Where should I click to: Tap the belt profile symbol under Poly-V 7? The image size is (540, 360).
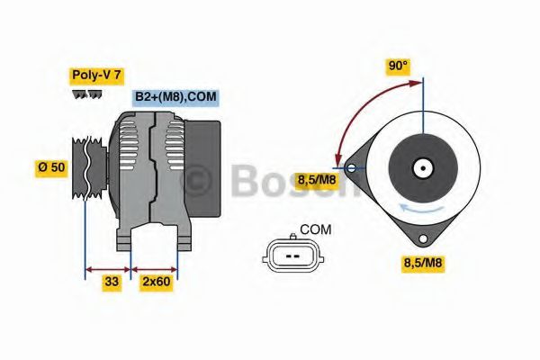pos(87,94)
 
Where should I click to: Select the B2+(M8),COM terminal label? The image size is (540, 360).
pos(175,96)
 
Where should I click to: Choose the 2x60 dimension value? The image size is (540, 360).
pos(156,282)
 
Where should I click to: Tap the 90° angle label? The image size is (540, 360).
pos(398,66)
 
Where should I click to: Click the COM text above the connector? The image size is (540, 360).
pos(315,229)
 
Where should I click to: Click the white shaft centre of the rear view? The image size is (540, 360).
pos(421,167)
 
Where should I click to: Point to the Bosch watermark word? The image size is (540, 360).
pos(288,183)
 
